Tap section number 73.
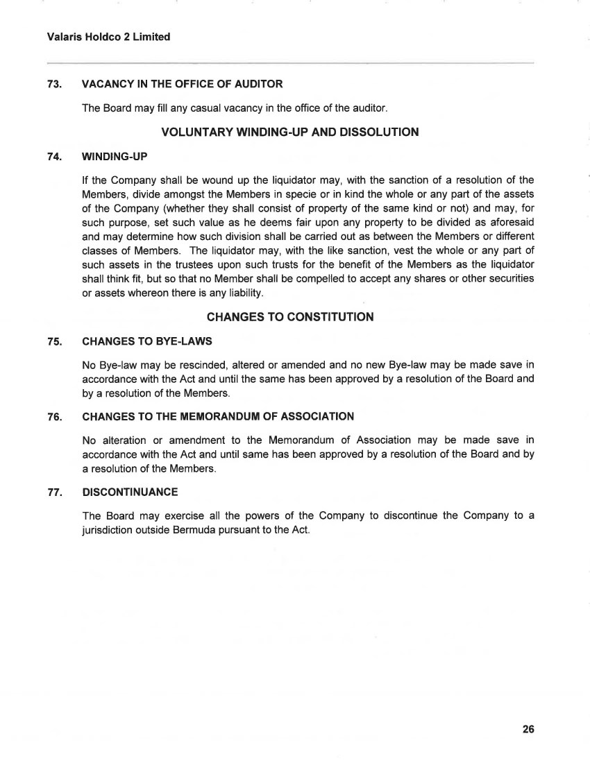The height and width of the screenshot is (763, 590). (x=55, y=84)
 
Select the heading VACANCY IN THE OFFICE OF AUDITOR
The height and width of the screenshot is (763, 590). (x=182, y=84)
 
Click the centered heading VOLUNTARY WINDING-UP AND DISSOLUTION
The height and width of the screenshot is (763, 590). (x=289, y=132)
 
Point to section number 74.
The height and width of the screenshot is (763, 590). (x=55, y=156)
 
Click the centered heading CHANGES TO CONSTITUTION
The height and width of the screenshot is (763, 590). (x=290, y=317)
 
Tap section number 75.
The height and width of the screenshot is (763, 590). (x=55, y=341)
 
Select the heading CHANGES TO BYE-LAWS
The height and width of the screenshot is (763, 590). (x=146, y=341)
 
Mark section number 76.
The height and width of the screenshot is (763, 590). (x=55, y=416)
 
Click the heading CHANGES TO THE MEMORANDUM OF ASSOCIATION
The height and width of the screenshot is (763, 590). (x=218, y=416)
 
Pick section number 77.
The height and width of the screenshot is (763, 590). (x=55, y=492)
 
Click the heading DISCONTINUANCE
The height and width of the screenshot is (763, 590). (x=130, y=492)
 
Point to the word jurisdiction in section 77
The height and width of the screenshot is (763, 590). (x=107, y=531)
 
